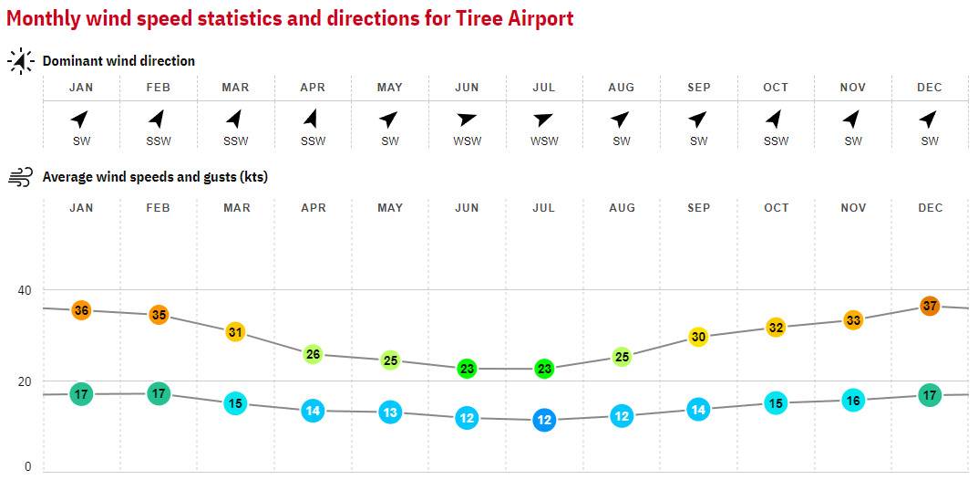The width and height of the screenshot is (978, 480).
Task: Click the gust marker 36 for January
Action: click(81, 310)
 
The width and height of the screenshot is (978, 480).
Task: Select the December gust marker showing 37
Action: click(930, 306)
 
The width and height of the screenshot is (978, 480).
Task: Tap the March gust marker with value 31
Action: click(235, 332)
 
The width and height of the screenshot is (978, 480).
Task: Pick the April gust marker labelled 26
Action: click(313, 354)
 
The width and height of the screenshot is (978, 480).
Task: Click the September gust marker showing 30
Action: click(698, 337)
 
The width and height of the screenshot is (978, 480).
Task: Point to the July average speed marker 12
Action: click(544, 420)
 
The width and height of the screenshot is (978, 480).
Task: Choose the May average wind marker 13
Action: click(390, 412)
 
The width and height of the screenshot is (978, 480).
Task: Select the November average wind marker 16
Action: click(853, 400)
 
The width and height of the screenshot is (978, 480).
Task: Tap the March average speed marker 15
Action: click(235, 403)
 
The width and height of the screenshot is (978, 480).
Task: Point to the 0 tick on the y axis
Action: click(27, 466)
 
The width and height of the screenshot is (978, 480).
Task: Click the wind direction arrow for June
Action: click(467, 120)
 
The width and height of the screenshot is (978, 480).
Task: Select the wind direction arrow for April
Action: click(313, 119)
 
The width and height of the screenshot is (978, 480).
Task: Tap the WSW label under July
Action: click(544, 141)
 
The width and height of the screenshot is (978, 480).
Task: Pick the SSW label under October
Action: click(776, 141)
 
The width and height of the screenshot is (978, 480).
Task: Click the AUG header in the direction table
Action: click(622, 88)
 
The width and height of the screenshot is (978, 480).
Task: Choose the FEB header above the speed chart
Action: click(159, 208)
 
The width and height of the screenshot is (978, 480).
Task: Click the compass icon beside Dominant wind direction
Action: click(21, 61)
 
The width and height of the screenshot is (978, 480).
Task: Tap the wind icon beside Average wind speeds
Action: click(21, 177)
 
